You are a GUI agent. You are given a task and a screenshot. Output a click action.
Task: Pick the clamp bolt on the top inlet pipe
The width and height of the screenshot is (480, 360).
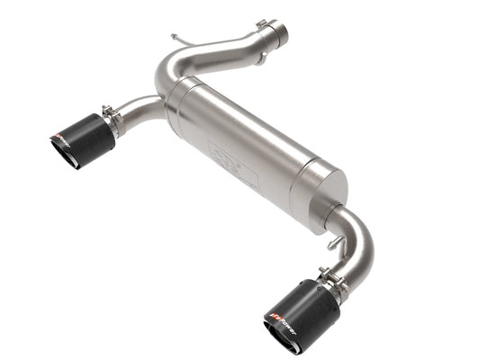click(262, 24)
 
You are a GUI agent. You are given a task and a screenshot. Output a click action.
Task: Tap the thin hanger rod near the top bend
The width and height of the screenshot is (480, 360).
click(183, 40)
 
